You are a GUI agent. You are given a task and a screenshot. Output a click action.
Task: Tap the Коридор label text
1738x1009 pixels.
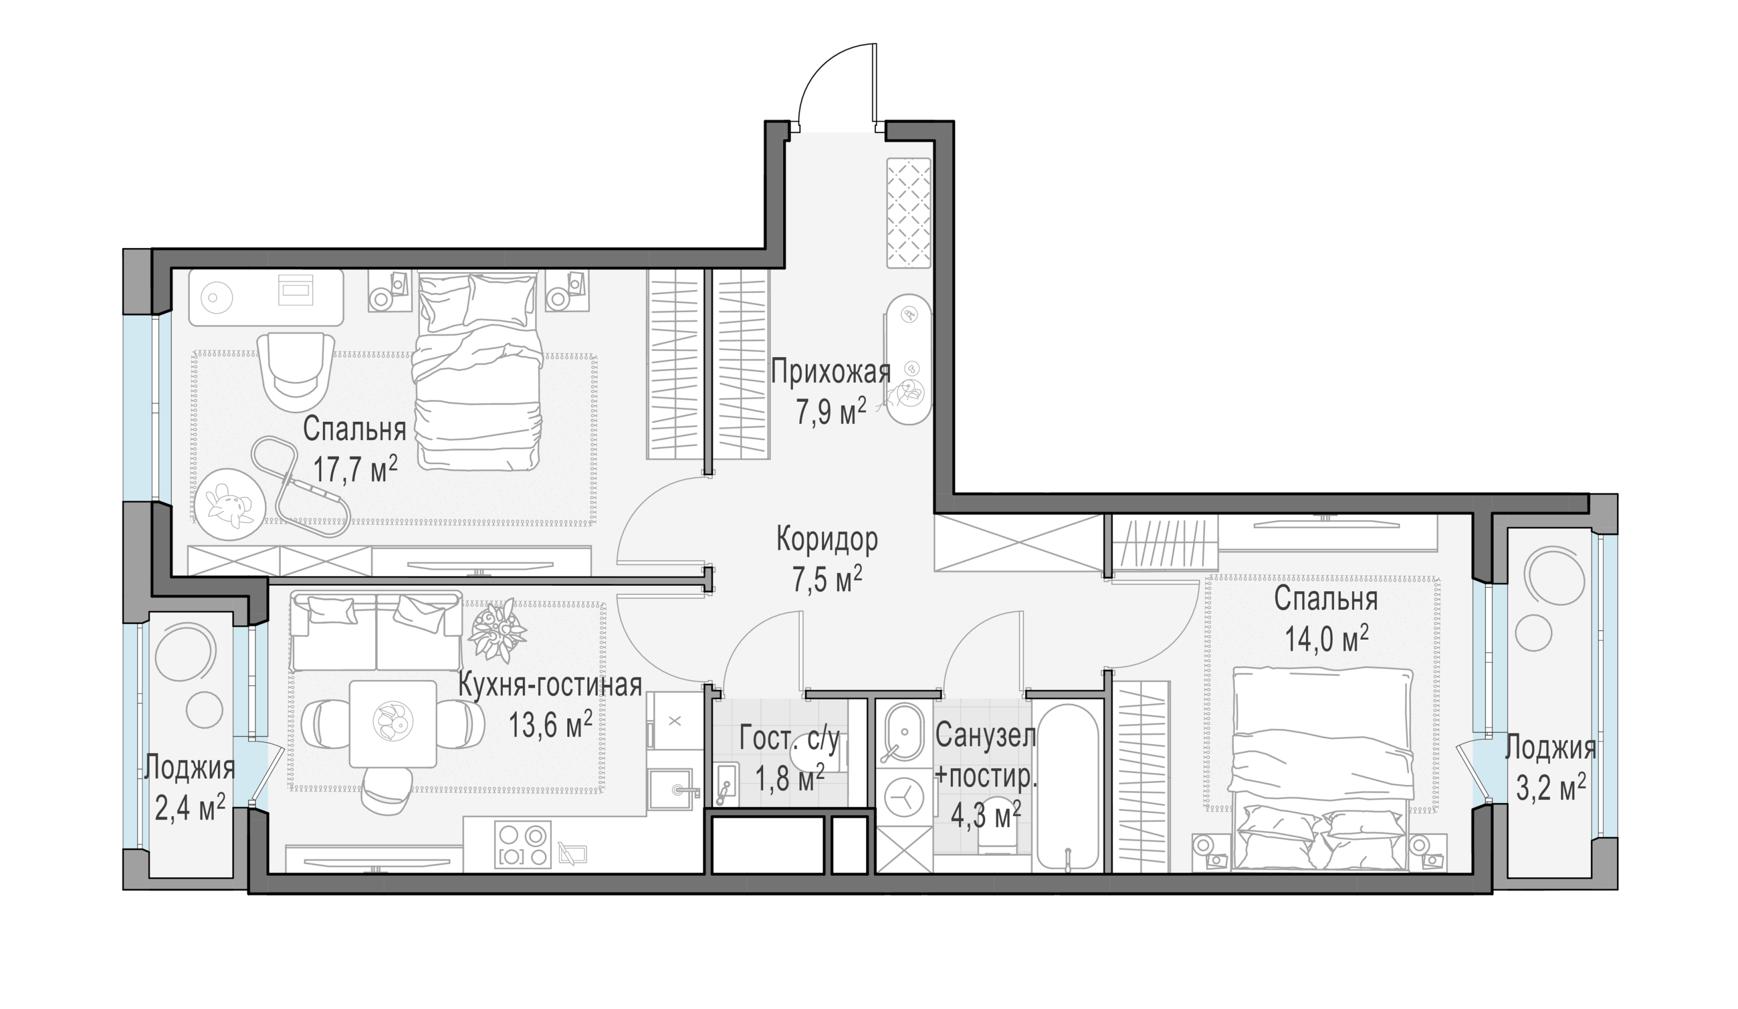[827, 539]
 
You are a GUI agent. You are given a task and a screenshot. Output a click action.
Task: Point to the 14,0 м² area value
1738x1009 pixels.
[1326, 639]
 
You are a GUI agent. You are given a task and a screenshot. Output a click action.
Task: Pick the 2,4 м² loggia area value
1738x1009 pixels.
[190, 808]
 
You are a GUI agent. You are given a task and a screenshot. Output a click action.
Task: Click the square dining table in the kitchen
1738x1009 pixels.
[393, 723]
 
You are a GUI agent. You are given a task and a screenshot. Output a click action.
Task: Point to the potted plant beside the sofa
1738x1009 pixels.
[497, 630]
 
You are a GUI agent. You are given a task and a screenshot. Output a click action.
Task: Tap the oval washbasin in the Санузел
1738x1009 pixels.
[902, 733]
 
